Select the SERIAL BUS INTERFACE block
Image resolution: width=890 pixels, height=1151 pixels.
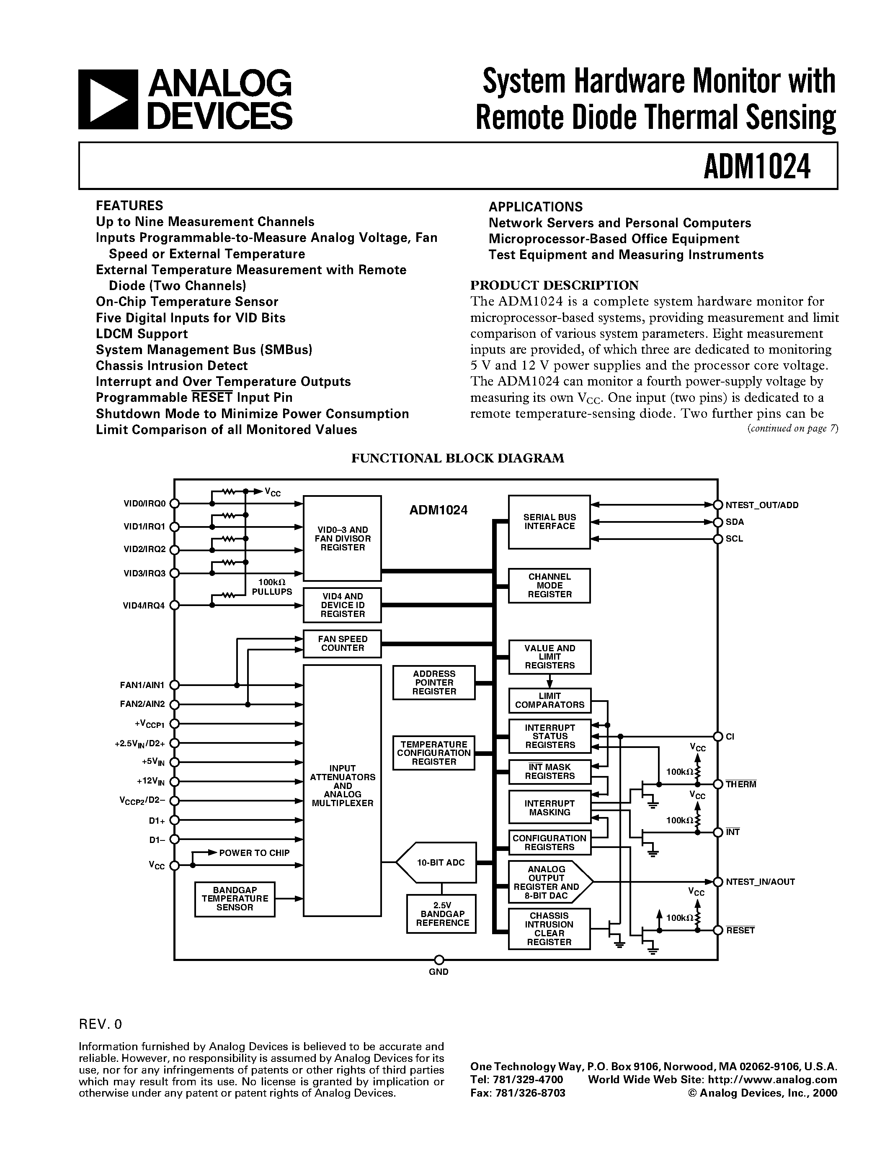tap(549, 522)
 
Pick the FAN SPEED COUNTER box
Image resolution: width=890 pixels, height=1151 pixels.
tap(342, 643)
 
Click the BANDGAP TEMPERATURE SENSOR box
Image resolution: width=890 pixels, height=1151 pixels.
tap(235, 899)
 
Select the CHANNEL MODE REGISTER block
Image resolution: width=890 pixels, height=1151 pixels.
tap(549, 586)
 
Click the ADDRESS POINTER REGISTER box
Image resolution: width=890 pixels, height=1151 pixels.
tap(433, 683)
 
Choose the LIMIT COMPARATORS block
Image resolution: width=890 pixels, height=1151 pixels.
tap(549, 700)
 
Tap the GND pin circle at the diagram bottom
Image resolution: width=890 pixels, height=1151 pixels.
tap(439, 960)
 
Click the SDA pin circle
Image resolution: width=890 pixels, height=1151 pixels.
tap(717, 522)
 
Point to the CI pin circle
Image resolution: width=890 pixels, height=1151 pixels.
tap(717, 736)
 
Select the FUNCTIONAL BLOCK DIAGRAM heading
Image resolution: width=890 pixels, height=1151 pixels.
tap(458, 458)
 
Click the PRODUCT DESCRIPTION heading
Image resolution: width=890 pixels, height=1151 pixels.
tap(554, 285)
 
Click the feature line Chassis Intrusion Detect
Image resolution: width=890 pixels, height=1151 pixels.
tap(171, 366)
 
